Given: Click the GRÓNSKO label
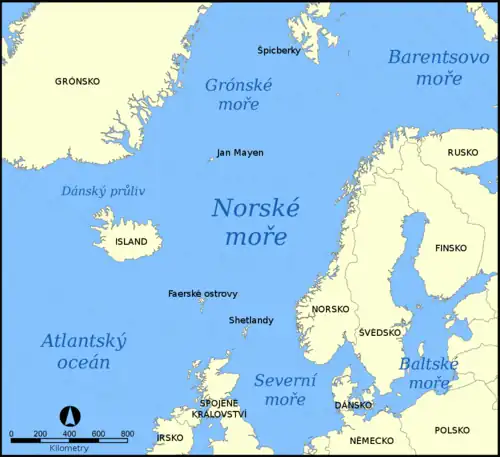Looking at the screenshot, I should pyautogui.click(x=77, y=80).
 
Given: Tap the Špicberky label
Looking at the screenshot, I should pyautogui.click(x=278, y=50).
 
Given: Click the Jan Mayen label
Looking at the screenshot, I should pyautogui.click(x=240, y=153).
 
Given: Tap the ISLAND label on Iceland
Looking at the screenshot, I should pyautogui.click(x=131, y=241).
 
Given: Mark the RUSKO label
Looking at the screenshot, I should pyautogui.click(x=463, y=153).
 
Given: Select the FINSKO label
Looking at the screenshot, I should pyautogui.click(x=451, y=247).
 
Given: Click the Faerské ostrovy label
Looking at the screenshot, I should pyautogui.click(x=203, y=294).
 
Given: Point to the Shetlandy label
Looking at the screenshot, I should pyautogui.click(x=251, y=320).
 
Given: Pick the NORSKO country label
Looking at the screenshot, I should pyautogui.click(x=330, y=309).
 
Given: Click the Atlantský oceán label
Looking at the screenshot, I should pyautogui.click(x=84, y=351).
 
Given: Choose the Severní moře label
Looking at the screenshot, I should pyautogui.click(x=285, y=389).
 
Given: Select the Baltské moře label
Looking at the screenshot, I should pyautogui.click(x=429, y=373).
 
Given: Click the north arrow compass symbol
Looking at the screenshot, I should pyautogui.click(x=70, y=414).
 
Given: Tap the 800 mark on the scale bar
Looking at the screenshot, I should pyautogui.click(x=127, y=434).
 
